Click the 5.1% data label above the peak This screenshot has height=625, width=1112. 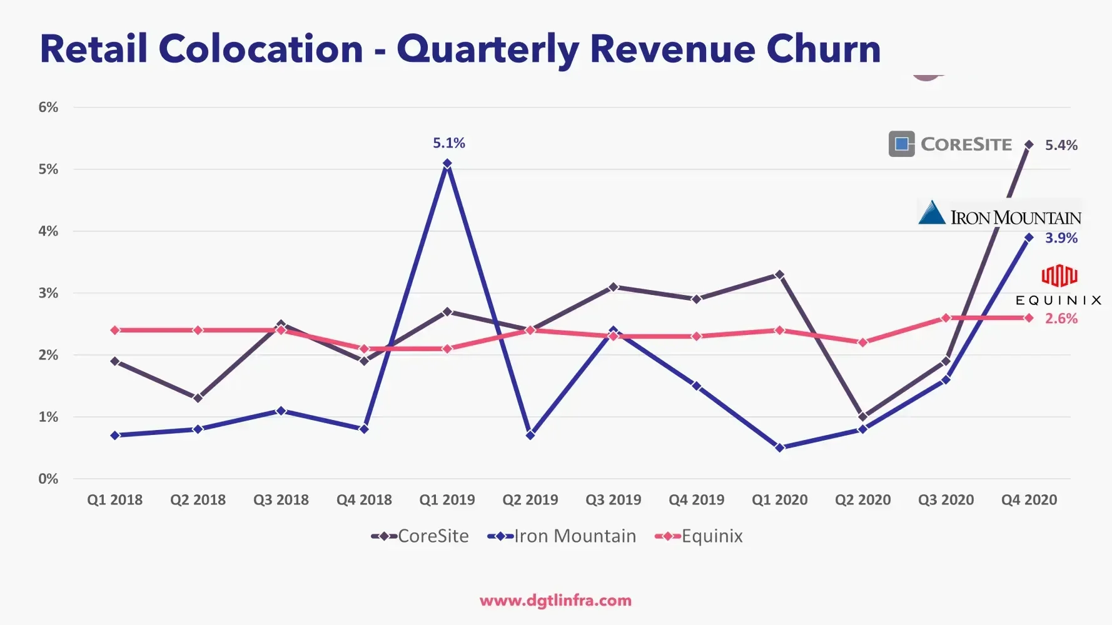point(449,143)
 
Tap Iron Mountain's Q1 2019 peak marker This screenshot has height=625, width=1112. point(447,163)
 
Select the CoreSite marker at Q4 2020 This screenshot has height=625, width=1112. point(1029,145)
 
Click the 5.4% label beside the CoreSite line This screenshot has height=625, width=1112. point(1061,146)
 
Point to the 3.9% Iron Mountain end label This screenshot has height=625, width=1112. point(1061,238)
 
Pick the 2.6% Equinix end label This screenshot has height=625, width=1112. point(1061,319)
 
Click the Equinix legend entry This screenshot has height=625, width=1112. point(699,536)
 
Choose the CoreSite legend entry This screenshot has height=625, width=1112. point(420,536)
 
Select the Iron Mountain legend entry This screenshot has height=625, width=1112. point(562,536)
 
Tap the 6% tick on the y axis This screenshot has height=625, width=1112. point(48,107)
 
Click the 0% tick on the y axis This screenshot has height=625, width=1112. point(48,479)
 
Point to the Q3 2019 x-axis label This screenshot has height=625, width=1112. point(613,500)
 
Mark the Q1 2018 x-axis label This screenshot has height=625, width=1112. point(114,500)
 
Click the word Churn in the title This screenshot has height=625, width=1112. point(823,49)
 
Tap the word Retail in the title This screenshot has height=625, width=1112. point(94,49)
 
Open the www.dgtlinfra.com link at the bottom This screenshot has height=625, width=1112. point(555,601)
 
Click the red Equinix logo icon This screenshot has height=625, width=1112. point(1059,276)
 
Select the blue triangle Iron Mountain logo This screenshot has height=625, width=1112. point(932,212)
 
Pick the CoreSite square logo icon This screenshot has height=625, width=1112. point(902,144)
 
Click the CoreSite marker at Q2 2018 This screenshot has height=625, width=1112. point(198,398)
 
